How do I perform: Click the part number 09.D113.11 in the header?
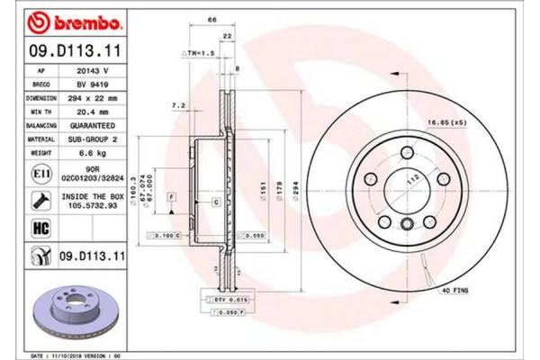[70, 44]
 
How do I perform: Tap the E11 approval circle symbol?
[40, 169]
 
